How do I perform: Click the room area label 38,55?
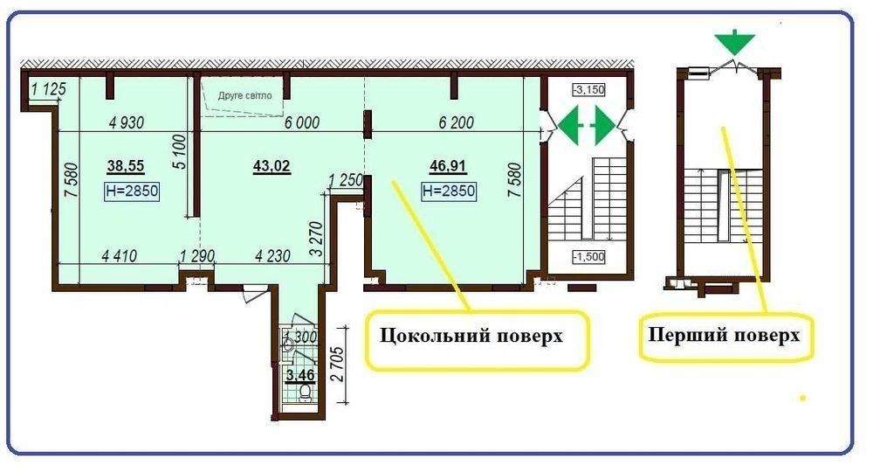click(x=126, y=166)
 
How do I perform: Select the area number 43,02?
click(x=272, y=166)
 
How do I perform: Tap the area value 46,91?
click(x=448, y=166)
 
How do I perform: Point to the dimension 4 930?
click(x=127, y=122)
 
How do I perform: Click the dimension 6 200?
click(x=456, y=122)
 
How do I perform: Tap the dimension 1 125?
click(x=48, y=88)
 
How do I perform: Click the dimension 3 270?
click(x=316, y=239)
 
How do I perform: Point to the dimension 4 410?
click(x=119, y=256)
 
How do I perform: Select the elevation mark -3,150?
click(x=588, y=90)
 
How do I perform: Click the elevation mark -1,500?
click(x=588, y=257)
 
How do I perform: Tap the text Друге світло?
click(x=245, y=95)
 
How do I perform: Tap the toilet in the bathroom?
click(x=305, y=393)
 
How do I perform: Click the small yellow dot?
click(x=803, y=398)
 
